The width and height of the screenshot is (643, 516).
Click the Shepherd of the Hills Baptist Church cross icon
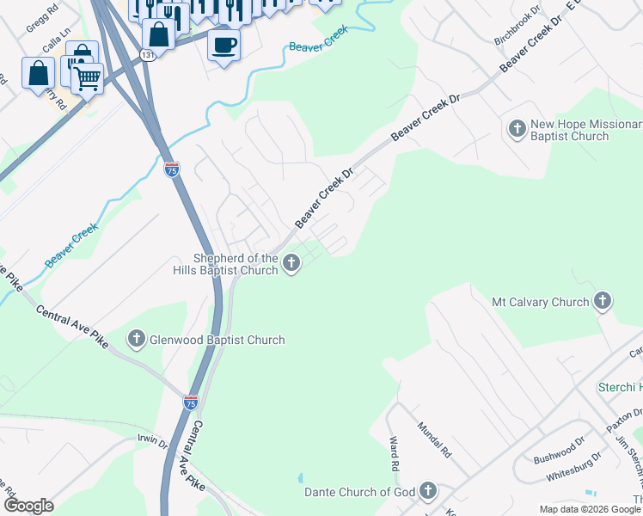coord(291,262)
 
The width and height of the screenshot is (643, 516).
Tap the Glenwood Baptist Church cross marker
coord(137,340)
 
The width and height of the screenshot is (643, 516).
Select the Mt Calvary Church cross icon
coord(603,302)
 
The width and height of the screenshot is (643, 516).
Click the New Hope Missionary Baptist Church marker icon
coord(517,130)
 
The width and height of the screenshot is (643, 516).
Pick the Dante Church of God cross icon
coord(427,492)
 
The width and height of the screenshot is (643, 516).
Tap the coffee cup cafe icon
coord(224,45)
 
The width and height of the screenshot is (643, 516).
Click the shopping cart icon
coord(87,79)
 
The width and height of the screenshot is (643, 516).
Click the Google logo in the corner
coord(29,506)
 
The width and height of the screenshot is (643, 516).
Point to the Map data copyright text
coord(590,509)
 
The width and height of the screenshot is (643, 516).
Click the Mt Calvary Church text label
coord(540,302)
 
